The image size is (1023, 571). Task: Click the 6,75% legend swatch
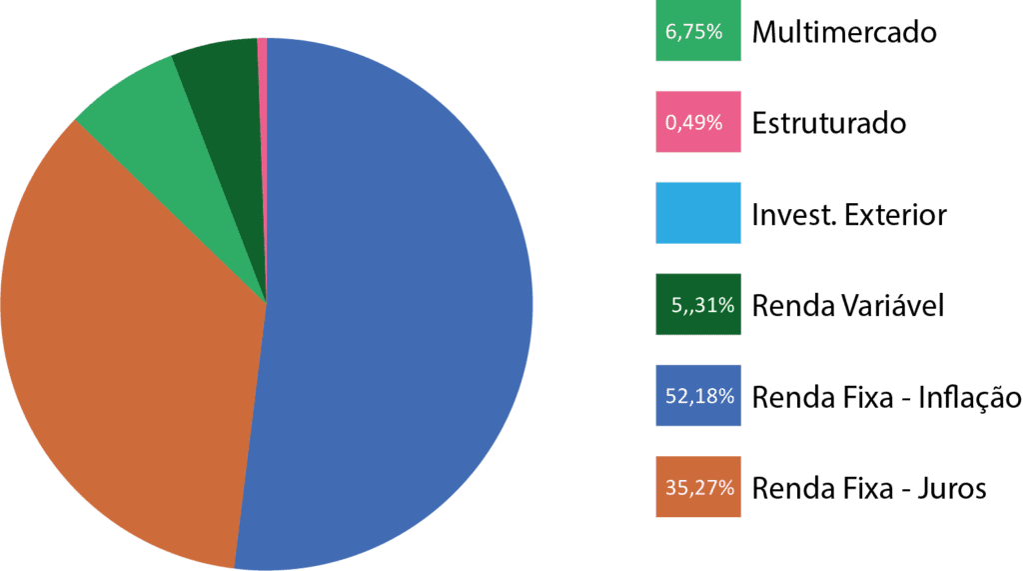coord(697,32)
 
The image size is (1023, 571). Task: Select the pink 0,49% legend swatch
coord(697,122)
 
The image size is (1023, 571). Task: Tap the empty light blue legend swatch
coord(697,213)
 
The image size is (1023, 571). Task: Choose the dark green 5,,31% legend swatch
coord(697,304)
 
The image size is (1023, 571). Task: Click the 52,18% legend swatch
coord(697,396)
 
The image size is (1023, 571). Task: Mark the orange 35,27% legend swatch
coord(697,487)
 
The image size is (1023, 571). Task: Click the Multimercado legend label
coord(844,33)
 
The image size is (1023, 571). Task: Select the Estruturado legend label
coord(828,124)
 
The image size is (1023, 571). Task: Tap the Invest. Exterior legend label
coord(848,215)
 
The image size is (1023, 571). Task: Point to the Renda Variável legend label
coord(847,305)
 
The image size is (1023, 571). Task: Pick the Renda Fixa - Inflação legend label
coord(886,397)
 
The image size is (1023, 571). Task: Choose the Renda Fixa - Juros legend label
coord(869,488)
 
